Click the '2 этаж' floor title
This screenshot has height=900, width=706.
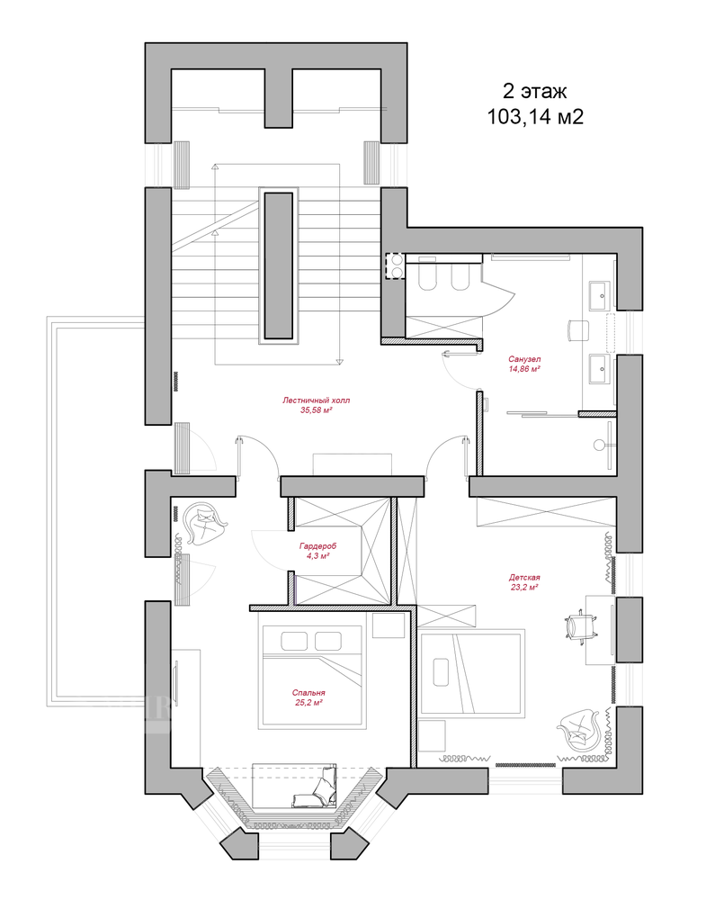pyautogui.click(x=534, y=91)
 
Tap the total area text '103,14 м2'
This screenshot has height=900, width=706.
pyautogui.click(x=535, y=116)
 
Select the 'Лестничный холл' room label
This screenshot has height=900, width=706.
pyautogui.click(x=316, y=400)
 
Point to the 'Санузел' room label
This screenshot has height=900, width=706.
pyautogui.click(x=524, y=359)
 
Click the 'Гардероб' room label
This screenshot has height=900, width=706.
pyautogui.click(x=317, y=546)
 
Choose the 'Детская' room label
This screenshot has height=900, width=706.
pyautogui.click(x=524, y=578)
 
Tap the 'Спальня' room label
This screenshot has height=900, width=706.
pyautogui.click(x=308, y=693)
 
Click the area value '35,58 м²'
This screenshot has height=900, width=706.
pyautogui.click(x=317, y=410)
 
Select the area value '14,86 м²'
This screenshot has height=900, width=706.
pyautogui.click(x=524, y=369)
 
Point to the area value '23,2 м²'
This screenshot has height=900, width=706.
pyautogui.click(x=524, y=587)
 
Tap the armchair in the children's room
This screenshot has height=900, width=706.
pyautogui.click(x=578, y=730)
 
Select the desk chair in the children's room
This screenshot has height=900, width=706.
pyautogui.click(x=580, y=625)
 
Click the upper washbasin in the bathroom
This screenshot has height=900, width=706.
pyautogui.click(x=599, y=296)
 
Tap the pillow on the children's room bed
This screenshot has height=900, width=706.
pyautogui.click(x=441, y=671)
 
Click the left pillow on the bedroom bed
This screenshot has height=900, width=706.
pyautogui.click(x=294, y=641)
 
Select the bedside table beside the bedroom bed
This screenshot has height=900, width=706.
pyautogui.click(x=389, y=625)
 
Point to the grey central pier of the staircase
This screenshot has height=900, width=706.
pyautogui.click(x=279, y=265)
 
